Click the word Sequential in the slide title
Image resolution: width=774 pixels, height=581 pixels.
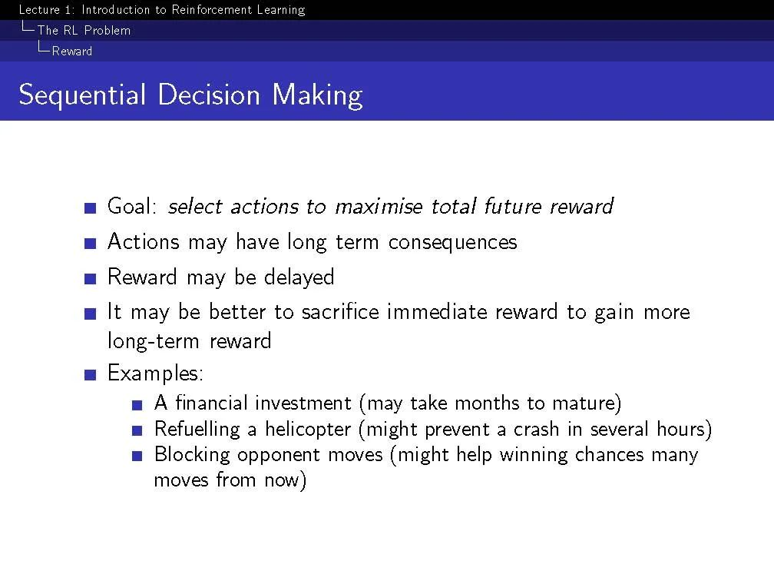[82, 95]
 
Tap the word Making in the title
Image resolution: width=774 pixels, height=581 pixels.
[317, 95]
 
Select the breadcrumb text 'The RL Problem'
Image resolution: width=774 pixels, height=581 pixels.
[84, 30]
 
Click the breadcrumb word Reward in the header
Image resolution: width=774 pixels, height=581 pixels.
[72, 51]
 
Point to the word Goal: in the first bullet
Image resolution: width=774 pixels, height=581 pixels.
[132, 206]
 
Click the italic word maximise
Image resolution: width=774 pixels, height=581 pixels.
[379, 207]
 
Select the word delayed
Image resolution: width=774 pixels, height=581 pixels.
[299, 277]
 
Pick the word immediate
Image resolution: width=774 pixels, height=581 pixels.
[438, 312]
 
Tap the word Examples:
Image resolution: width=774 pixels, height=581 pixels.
[155, 373]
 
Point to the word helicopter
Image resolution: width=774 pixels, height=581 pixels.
[308, 430]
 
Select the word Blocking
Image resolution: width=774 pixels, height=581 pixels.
[192, 455]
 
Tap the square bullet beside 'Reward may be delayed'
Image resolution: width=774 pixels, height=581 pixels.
[91, 279]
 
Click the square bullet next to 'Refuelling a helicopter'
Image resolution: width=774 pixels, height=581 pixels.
[137, 431]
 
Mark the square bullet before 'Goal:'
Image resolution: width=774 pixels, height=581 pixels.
[91, 208]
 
